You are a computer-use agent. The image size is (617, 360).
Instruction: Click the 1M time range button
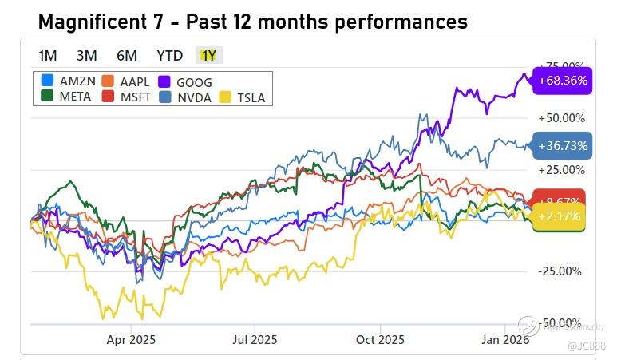48,55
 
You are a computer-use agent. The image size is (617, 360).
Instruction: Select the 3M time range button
87,55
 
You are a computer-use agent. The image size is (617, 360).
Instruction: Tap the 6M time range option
127,55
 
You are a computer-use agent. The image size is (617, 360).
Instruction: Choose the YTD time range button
169,55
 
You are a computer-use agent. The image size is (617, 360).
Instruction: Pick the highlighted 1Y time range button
208,55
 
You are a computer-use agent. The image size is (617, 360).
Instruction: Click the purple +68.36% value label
563,81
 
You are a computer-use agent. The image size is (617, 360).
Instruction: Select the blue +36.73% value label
563,146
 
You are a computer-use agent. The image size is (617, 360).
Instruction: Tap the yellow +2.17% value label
559,216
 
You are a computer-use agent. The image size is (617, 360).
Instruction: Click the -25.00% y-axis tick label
561,271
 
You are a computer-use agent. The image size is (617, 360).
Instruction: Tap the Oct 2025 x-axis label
381,339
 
